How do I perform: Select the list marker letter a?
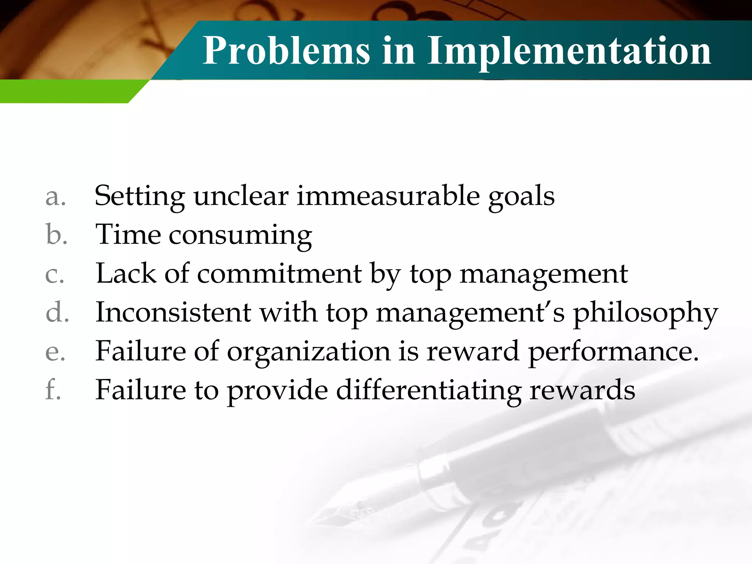coord(55,197)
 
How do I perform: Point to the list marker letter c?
coord(55,274)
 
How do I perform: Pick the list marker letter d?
coord(57,312)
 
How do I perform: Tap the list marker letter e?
coord(55,352)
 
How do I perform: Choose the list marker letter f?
coord(53,390)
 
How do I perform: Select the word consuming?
coord(240,235)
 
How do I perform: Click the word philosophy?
coord(645,313)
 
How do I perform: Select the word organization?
coord(308,352)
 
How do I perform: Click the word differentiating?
coord(429,390)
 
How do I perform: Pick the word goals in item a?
coord(521,197)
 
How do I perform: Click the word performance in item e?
coord(613,352)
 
